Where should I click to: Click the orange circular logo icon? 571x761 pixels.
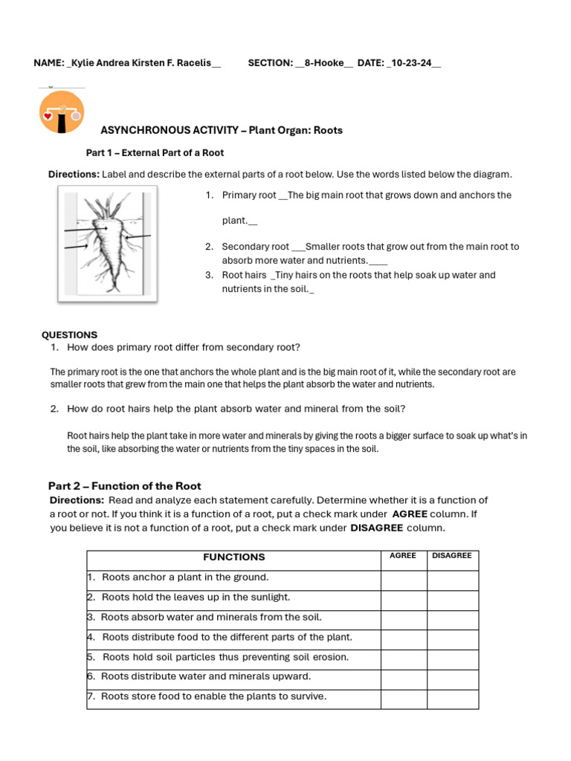coord(62,112)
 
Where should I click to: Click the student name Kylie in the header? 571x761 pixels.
coord(83,63)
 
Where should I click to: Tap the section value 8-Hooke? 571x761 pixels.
coord(325,63)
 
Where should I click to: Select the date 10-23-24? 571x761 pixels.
coord(413,63)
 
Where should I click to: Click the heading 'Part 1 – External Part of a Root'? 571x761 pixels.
coord(155,152)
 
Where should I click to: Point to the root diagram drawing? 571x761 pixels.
coord(107,244)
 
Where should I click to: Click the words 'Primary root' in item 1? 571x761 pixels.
coord(249,195)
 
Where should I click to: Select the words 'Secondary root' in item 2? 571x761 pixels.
coord(255,247)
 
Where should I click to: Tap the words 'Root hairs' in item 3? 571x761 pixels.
coord(244,275)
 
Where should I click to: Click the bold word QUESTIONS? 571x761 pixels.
coord(69,335)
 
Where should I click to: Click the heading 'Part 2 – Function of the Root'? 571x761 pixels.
coord(124,486)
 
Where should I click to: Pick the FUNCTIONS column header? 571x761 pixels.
coord(233,557)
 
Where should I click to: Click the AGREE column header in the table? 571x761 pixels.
coord(403,556)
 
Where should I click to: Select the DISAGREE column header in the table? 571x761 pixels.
coord(451,556)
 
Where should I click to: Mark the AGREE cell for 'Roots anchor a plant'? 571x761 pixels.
coord(403,580)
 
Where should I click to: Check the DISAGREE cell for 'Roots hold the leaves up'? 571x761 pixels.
coord(452,600)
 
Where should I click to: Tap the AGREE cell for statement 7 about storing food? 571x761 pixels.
coord(403,699)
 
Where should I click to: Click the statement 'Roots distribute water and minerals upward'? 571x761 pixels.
coord(206,677)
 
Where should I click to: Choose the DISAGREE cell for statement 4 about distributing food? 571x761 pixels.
coord(452,640)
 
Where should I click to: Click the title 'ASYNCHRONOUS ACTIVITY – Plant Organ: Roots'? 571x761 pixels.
coord(222,130)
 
